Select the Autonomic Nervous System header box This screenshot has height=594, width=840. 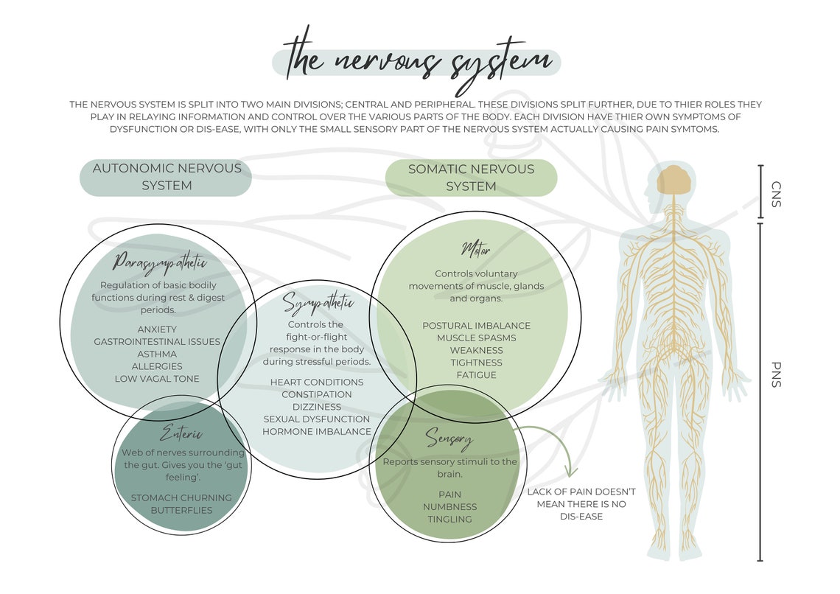point(167,178)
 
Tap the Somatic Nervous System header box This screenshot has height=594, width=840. point(471,178)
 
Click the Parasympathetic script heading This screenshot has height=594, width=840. point(160,263)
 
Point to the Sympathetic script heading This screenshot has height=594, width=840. point(318,303)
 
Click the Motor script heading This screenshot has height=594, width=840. point(475,249)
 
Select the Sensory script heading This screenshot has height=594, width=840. point(449,440)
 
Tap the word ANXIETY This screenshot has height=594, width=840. point(156,329)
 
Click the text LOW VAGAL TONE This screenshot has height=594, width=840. point(156,379)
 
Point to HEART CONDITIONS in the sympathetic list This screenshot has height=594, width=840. point(317,382)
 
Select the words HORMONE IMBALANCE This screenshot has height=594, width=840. point(317,432)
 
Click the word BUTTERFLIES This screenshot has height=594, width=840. point(181,510)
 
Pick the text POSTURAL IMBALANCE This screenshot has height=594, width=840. point(476,326)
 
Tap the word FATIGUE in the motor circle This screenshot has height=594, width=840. point(476,375)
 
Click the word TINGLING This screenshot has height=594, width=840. point(449,520)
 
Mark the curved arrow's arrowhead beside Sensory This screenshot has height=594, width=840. point(571,471)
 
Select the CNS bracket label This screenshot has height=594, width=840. point(776,193)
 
